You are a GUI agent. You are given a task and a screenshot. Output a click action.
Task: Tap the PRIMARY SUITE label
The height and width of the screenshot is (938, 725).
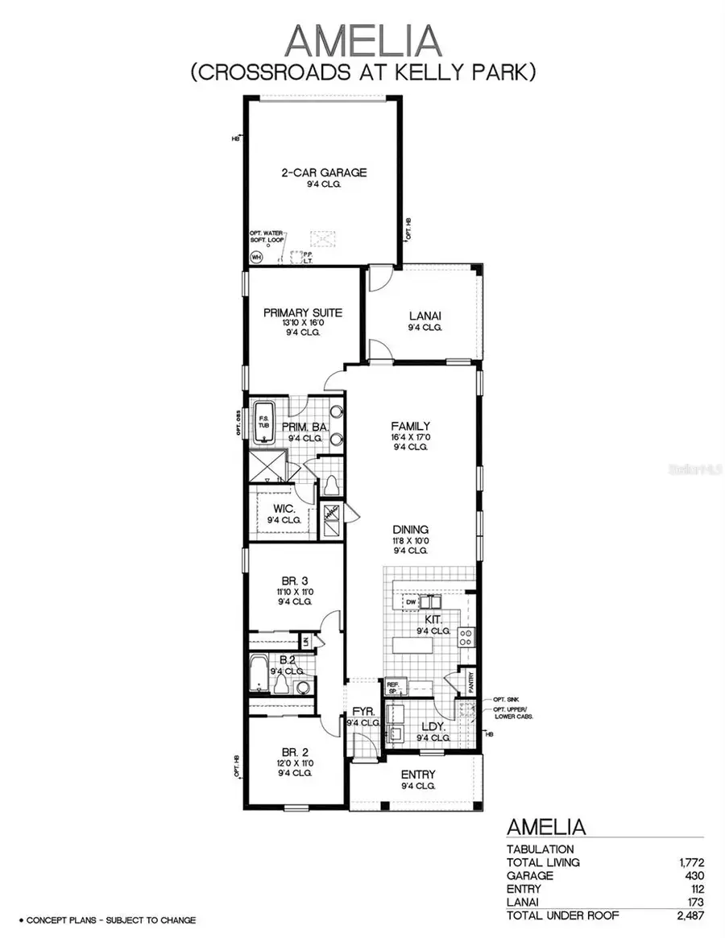pos(303,312)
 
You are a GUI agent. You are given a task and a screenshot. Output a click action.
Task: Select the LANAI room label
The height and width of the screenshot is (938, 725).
pos(425,316)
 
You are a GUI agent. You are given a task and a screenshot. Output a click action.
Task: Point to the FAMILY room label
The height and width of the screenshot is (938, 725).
pos(410,426)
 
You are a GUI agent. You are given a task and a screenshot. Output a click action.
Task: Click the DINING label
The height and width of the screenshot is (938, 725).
pos(410,529)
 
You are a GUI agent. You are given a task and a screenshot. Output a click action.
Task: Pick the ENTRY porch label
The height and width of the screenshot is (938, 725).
pos(418,775)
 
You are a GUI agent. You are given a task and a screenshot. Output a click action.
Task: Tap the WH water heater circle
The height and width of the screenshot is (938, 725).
pos(257,258)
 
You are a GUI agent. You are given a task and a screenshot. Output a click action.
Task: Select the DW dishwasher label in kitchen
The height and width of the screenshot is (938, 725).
pos(410,601)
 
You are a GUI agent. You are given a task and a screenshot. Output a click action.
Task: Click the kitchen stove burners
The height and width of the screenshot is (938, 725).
pos(465,638)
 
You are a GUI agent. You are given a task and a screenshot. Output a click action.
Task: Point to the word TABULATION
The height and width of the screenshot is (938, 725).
pos(540,849)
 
